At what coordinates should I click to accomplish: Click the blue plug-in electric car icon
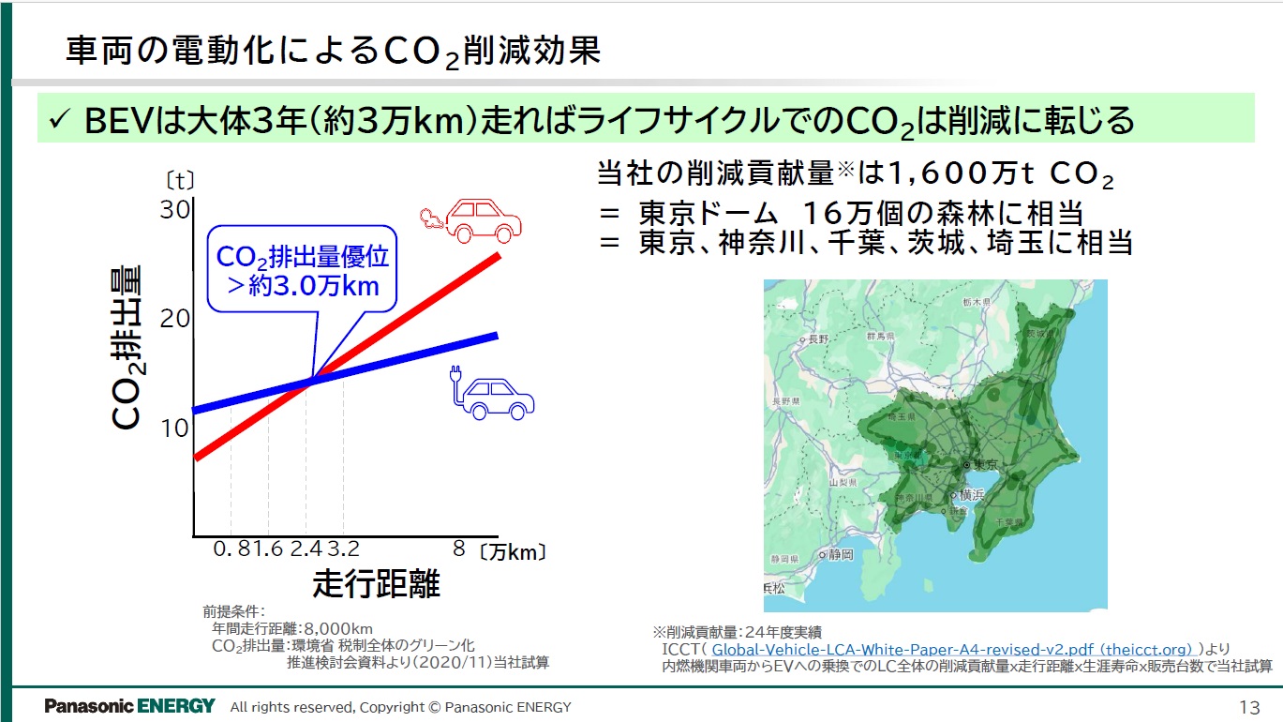point(493,393)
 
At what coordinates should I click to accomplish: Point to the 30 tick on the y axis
point(175,210)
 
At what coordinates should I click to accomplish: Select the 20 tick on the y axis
point(175,319)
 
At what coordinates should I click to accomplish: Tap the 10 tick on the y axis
point(175,429)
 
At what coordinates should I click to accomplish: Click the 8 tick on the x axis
point(458,549)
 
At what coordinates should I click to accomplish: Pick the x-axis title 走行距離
point(376,584)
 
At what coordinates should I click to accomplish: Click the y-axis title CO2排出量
point(127,348)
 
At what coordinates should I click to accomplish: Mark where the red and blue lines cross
point(311,379)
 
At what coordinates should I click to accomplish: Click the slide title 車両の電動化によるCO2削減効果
point(333,52)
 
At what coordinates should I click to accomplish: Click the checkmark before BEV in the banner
point(60,120)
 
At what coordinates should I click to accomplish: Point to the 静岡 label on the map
point(841,554)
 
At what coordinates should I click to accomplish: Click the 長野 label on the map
point(817,338)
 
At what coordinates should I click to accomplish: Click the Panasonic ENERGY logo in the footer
point(129,706)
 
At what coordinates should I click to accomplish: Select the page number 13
point(1249,707)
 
